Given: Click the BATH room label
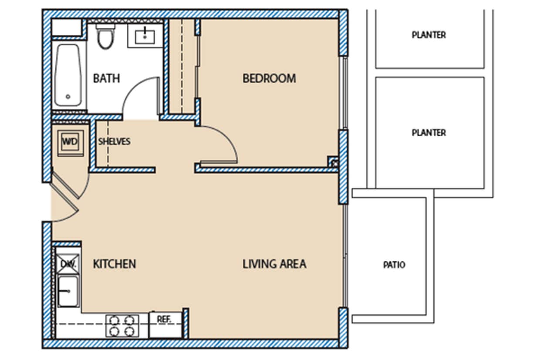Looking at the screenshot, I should pyautogui.click(x=106, y=79).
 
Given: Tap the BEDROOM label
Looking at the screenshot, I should pyautogui.click(x=269, y=79).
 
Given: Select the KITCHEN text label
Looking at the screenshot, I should pyautogui.click(x=115, y=264).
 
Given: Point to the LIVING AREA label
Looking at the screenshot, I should pyautogui.click(x=274, y=264).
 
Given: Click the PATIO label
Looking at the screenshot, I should pyautogui.click(x=394, y=265).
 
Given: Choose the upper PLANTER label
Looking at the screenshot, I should pyautogui.click(x=429, y=35).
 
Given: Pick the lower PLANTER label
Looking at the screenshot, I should pyautogui.click(x=429, y=133).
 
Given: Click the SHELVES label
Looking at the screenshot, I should pyautogui.click(x=114, y=142).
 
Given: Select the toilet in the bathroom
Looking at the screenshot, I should pyautogui.click(x=105, y=37).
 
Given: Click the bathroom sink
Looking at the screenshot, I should pyautogui.click(x=145, y=36).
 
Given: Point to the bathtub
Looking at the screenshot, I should pyautogui.click(x=68, y=75).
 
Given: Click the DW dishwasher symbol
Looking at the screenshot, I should pyautogui.click(x=68, y=264).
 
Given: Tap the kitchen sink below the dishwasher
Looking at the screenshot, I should pyautogui.click(x=68, y=291).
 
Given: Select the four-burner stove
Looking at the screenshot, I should pyautogui.click(x=122, y=326).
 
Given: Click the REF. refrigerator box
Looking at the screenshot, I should pyautogui.click(x=165, y=324).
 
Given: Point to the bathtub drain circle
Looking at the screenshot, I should pyautogui.click(x=68, y=97).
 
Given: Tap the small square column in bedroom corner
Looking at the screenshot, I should pyautogui.click(x=333, y=161).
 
